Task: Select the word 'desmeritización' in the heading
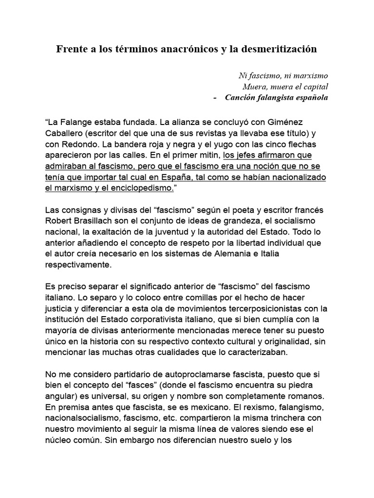pyautogui.click(x=280, y=49)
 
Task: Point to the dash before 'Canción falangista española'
pyautogui.click(x=215, y=97)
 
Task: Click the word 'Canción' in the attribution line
pyautogui.click(x=240, y=97)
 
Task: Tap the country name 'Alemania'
pyautogui.click(x=267, y=253)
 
